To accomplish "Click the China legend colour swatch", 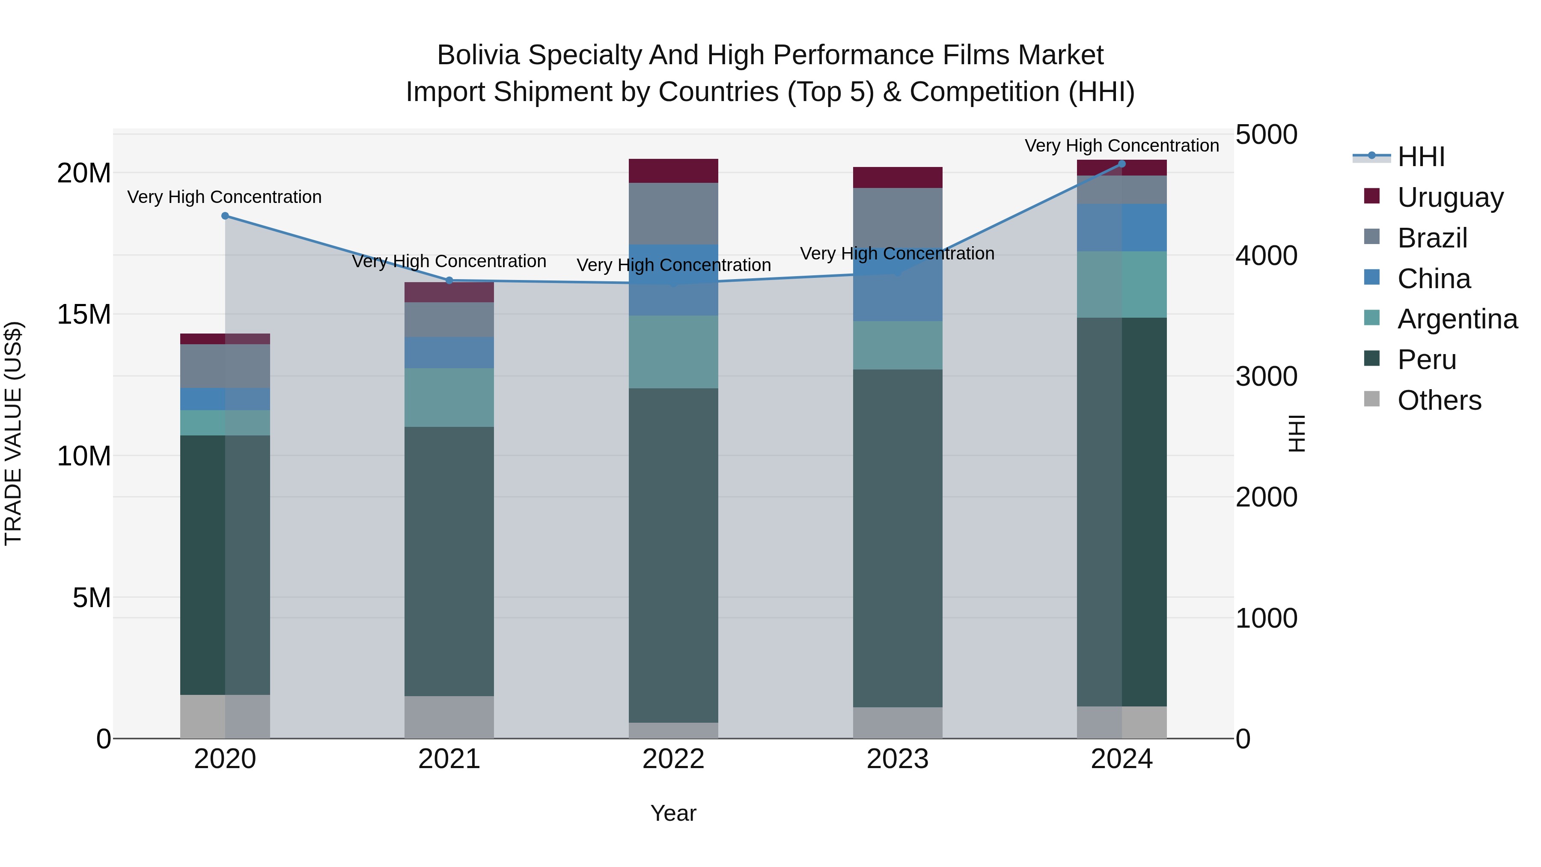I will coord(1372,277).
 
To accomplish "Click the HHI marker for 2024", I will coord(1122,164).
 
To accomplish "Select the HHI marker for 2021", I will coord(449,280).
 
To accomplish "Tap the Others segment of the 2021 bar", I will coord(449,717).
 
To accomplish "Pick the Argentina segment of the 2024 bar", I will coord(1122,284).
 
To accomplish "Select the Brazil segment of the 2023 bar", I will coord(897,215).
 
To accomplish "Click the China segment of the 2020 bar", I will coord(225,399).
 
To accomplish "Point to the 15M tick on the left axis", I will coord(84,315).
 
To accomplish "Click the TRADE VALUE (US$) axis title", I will coord(13,433).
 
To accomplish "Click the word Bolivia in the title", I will coord(479,55).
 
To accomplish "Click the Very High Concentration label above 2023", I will coord(897,254).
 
